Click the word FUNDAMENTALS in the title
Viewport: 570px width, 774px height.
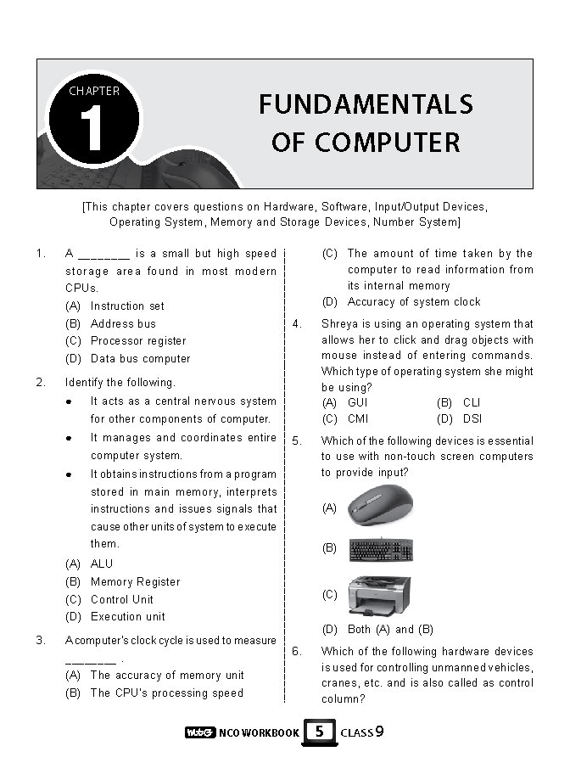pos(366,105)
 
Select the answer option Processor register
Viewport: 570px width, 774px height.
pos(137,341)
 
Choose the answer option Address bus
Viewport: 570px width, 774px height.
pos(123,323)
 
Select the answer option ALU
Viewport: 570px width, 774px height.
pos(101,564)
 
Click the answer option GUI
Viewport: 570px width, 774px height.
pos(357,402)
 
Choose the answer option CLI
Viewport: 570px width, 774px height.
pos(472,402)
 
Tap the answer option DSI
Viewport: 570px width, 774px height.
pos(472,419)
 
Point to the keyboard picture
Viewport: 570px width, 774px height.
pos(382,549)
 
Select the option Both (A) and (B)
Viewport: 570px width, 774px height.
pos(390,630)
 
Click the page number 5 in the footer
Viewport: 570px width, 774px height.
pos(319,731)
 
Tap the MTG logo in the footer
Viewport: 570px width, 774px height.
pos(199,732)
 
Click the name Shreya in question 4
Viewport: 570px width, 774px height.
pos(339,323)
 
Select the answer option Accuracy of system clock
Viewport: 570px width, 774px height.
pos(413,302)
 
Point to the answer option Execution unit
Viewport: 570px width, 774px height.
pos(127,617)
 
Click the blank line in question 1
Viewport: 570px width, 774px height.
pos(103,254)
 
